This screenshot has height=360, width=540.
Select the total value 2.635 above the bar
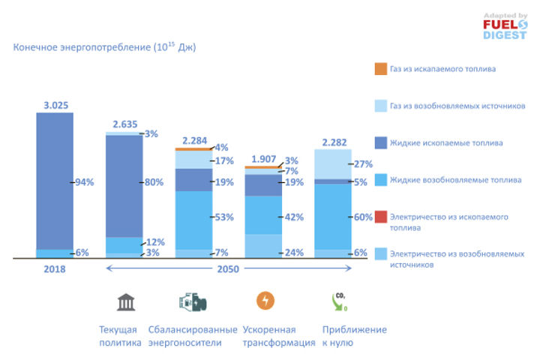click(125, 124)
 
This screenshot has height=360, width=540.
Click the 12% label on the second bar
click(154, 241)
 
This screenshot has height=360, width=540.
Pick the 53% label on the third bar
click(223, 217)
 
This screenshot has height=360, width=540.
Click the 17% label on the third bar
click(223, 160)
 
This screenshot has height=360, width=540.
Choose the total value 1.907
click(262, 159)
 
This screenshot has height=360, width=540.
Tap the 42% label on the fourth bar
click(293, 217)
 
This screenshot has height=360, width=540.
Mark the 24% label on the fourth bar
click(293, 253)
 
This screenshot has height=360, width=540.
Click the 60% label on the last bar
click(362, 217)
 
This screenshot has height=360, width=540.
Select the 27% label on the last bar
click(362, 163)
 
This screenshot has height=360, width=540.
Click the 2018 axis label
click(55, 268)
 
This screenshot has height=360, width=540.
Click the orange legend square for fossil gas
click(380, 69)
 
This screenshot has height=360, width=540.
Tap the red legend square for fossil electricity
click(380, 217)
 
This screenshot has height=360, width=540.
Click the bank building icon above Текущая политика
click(125, 301)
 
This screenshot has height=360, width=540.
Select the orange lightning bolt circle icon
click(265, 301)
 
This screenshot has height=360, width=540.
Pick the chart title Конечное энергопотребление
click(104, 47)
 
